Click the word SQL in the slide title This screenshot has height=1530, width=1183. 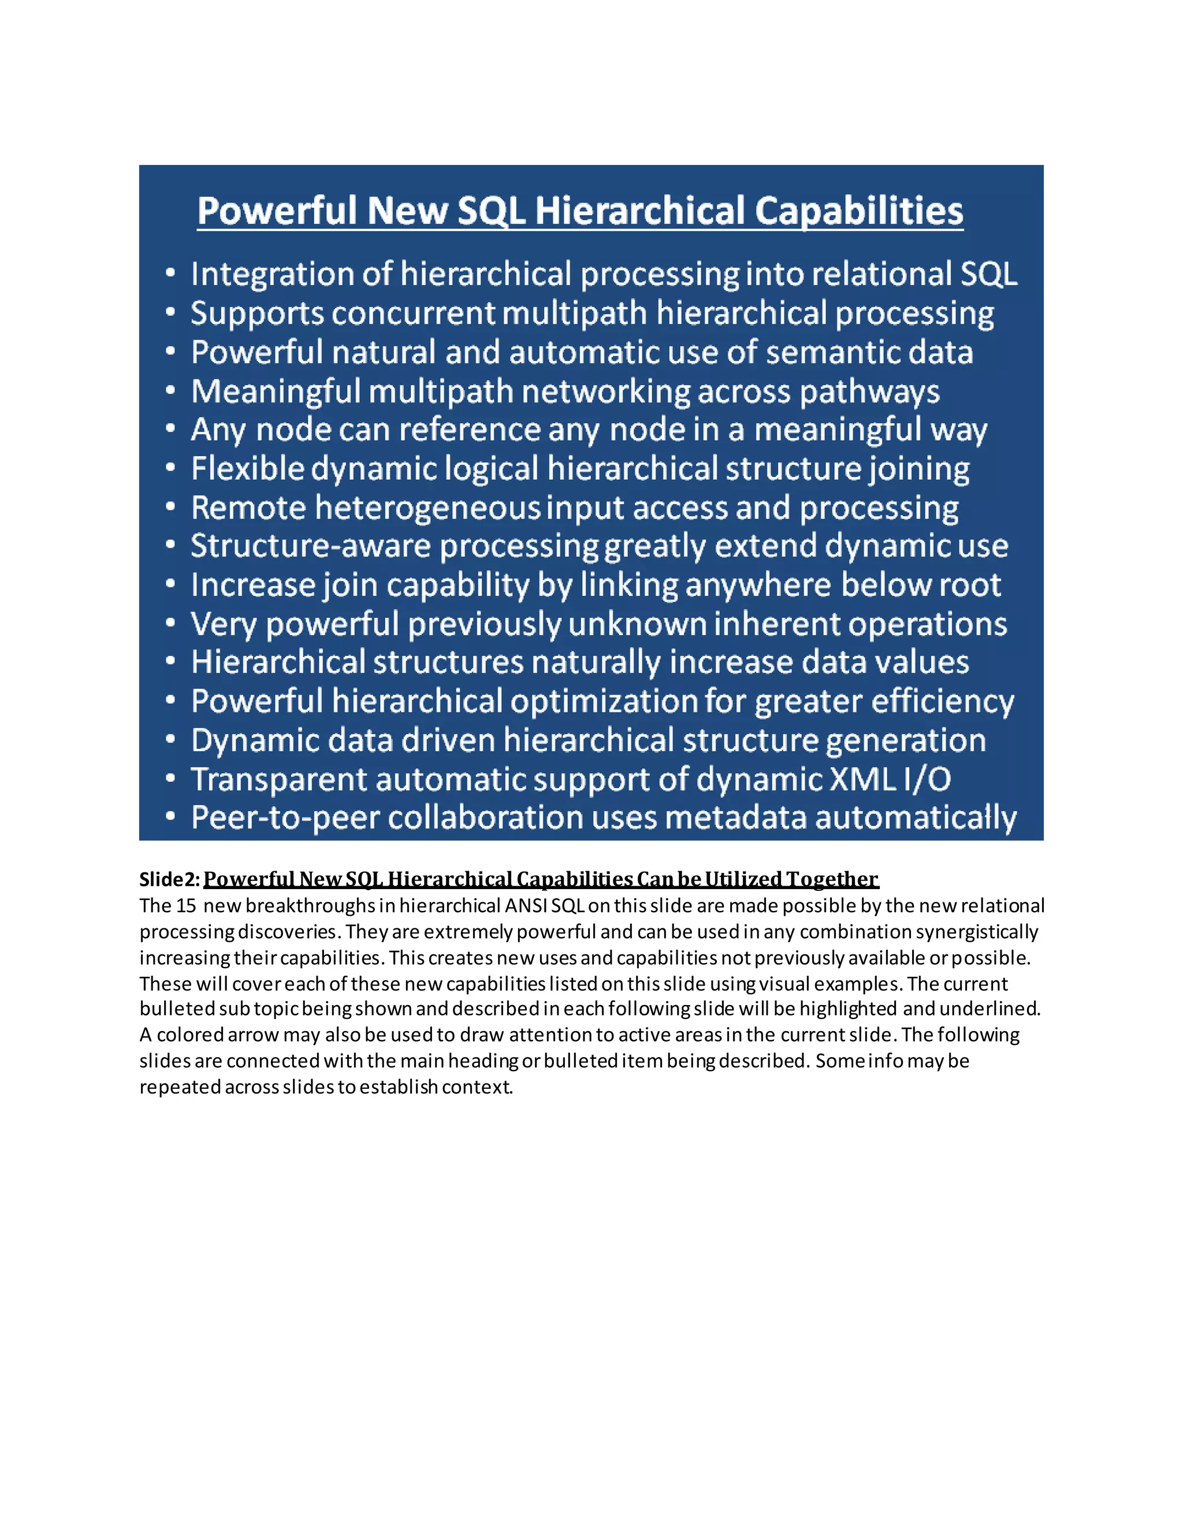[492, 210]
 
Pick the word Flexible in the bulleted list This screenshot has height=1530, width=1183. [246, 469]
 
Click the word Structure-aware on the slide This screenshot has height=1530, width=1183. [310, 546]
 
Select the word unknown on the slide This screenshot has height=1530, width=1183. [635, 624]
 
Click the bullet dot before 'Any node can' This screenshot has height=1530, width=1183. [170, 430]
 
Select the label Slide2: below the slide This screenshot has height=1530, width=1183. [170, 879]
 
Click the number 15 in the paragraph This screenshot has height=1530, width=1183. [186, 906]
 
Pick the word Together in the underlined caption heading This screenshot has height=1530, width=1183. [832, 879]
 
